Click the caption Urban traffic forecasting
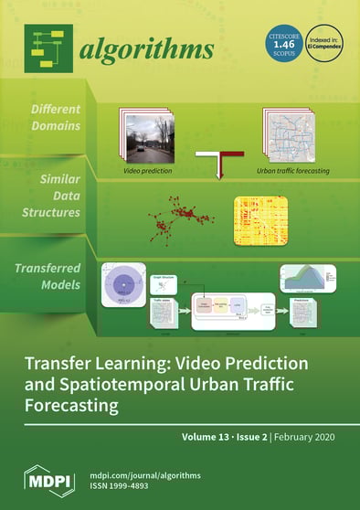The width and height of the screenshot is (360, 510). tap(293, 171)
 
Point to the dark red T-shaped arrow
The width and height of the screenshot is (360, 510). tap(220, 165)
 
